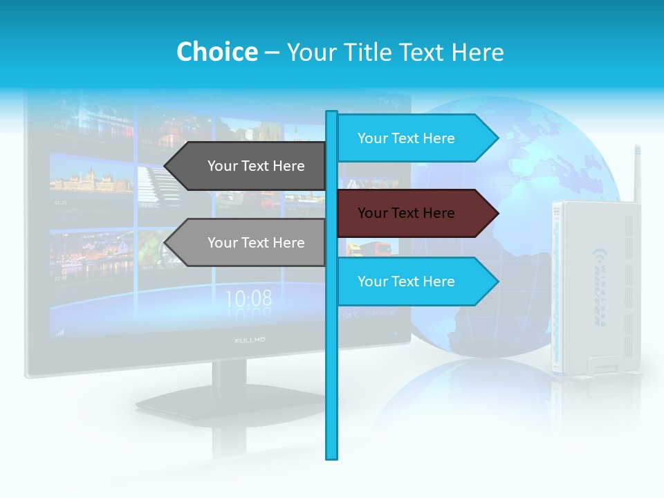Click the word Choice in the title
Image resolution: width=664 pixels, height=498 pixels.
[x=216, y=53]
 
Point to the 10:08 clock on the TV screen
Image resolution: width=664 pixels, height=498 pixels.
[x=248, y=299]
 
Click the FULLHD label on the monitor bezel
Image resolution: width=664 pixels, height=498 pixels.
[x=250, y=340]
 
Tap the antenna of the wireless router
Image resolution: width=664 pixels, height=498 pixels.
[x=636, y=173]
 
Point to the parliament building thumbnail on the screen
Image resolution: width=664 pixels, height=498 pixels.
[x=91, y=181]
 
